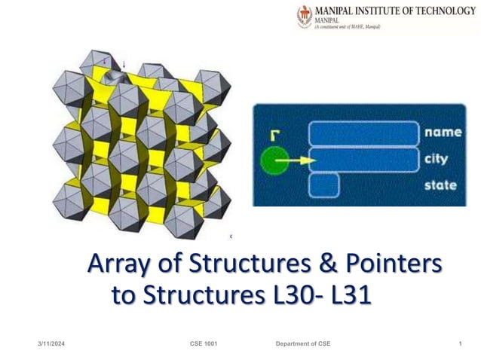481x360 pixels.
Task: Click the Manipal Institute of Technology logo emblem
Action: coord(305,17)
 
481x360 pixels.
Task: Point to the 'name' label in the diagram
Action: coord(443,132)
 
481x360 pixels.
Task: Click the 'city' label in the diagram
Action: coord(437,158)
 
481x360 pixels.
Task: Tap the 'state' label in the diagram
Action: coord(441,185)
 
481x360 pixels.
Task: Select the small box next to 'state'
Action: coord(323,185)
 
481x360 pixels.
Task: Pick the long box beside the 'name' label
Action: coord(363,133)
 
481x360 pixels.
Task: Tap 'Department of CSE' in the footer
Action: coord(303,344)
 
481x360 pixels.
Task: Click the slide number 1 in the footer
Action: coord(460,344)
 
